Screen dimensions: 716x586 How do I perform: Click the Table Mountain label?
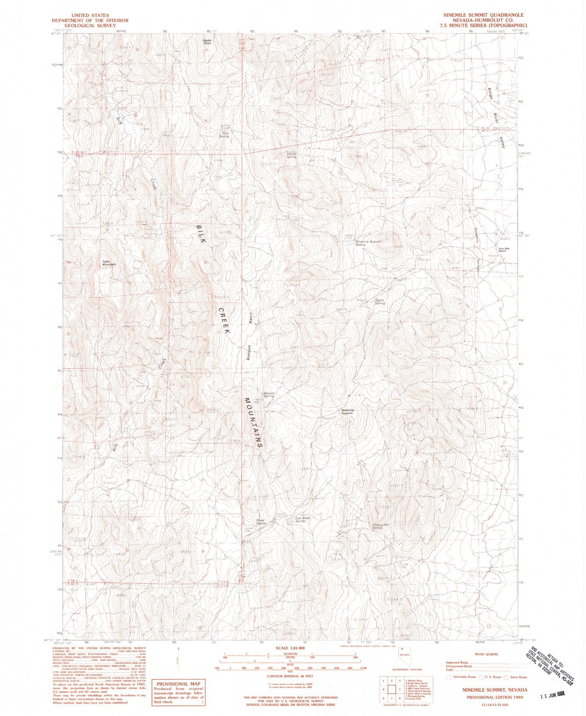click(x=109, y=263)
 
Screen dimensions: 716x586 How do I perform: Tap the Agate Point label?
click(x=207, y=42)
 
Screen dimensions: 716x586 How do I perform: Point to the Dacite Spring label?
click(x=291, y=155)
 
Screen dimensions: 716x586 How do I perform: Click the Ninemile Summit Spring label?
click(x=368, y=243)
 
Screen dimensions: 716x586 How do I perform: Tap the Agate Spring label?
click(x=380, y=302)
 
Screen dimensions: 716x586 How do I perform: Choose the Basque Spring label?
click(x=269, y=395)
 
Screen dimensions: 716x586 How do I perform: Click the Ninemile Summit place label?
click(x=347, y=411)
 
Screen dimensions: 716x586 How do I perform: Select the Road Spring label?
click(x=261, y=521)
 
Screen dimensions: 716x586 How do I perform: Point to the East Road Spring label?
click(x=302, y=520)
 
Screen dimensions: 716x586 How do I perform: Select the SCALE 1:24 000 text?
click(x=290, y=648)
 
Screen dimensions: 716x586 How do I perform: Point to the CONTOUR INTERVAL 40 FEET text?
click(x=289, y=675)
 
